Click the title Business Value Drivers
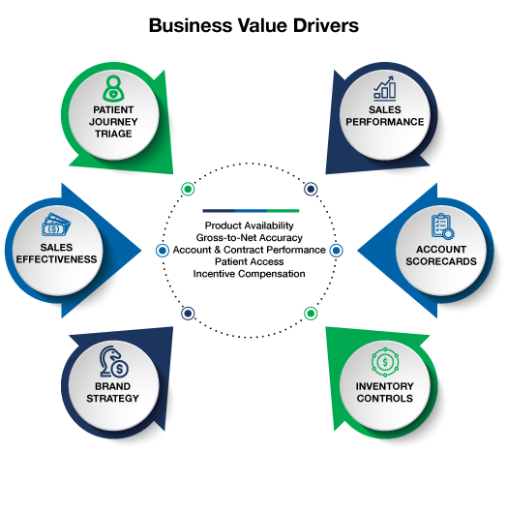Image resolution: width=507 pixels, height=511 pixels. click(x=253, y=25)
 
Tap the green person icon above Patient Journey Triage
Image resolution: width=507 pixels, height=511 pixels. click(x=113, y=88)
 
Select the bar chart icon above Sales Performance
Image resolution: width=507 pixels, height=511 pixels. click(x=385, y=88)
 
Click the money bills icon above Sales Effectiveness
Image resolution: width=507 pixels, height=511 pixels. click(x=56, y=225)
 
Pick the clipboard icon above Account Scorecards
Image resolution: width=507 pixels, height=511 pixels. click(x=442, y=226)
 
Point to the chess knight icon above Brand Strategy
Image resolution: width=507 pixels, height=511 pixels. click(x=114, y=361)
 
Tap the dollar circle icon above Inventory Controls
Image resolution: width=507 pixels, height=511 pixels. click(x=385, y=362)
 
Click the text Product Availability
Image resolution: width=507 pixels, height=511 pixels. click(x=250, y=225)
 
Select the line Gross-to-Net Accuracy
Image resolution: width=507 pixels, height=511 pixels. click(x=250, y=237)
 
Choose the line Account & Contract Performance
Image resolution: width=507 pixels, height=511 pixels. click(x=250, y=250)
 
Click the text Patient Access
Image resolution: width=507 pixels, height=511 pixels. click(x=250, y=261)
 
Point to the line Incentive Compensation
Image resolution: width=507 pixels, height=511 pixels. click(x=250, y=274)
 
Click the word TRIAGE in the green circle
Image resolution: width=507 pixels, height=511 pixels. click(x=113, y=134)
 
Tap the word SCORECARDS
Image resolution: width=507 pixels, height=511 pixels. click(x=441, y=261)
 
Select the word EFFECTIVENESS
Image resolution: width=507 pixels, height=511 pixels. click(x=56, y=259)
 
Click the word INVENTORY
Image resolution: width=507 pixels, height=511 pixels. click(x=385, y=386)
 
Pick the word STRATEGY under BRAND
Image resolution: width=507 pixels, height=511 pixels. click(x=113, y=398)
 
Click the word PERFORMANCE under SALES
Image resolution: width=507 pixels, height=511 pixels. click(x=385, y=122)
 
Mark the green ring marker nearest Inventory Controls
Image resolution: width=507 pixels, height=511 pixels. click(x=311, y=314)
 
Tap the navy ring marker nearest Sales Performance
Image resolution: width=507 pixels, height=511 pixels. click(x=311, y=189)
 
